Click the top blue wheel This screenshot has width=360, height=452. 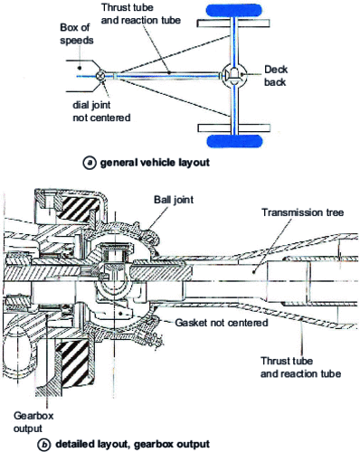tap(233, 10)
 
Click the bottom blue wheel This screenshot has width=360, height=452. tap(234, 141)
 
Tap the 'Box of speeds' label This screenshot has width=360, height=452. tap(77, 33)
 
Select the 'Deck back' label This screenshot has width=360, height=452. tap(276, 76)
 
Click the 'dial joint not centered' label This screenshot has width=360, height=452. tap(101, 111)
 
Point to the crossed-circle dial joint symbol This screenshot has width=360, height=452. tap(100, 76)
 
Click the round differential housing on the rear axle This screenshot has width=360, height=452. tap(235, 75)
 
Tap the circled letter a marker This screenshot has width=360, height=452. tap(90, 163)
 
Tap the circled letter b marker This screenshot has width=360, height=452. tap(44, 445)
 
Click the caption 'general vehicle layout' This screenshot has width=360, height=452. tap(155, 163)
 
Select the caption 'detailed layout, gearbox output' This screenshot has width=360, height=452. tap(132, 445)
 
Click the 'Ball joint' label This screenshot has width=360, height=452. tap(174, 200)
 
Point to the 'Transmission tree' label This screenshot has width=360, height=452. tap(302, 212)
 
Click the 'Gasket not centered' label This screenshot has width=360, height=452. tap(222, 323)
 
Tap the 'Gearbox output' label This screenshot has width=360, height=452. tap(33, 422)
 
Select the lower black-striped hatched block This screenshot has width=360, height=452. tap(72, 365)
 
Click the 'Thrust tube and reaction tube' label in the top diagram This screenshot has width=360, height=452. tap(141, 14)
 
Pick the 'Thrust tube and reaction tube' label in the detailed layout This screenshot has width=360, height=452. tap(300, 367)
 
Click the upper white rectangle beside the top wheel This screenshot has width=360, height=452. tap(233, 24)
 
